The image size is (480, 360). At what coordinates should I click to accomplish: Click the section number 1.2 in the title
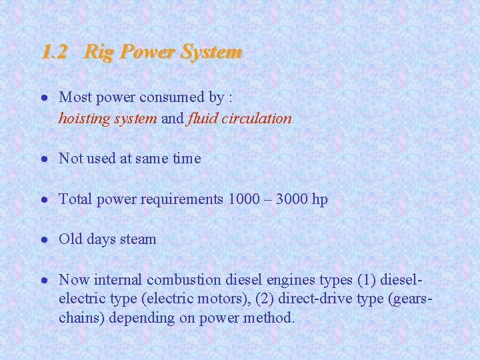(x=53, y=52)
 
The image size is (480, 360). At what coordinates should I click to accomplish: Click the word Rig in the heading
(x=97, y=52)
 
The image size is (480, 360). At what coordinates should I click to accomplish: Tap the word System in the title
(x=211, y=52)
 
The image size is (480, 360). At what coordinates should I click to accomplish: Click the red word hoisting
(x=83, y=119)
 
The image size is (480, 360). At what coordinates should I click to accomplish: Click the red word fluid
(x=203, y=119)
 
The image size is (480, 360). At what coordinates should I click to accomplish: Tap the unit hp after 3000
(x=320, y=200)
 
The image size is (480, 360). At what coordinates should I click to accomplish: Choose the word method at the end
(x=269, y=318)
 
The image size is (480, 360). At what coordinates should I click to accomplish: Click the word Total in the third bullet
(x=75, y=199)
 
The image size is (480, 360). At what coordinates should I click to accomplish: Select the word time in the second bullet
(x=187, y=159)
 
